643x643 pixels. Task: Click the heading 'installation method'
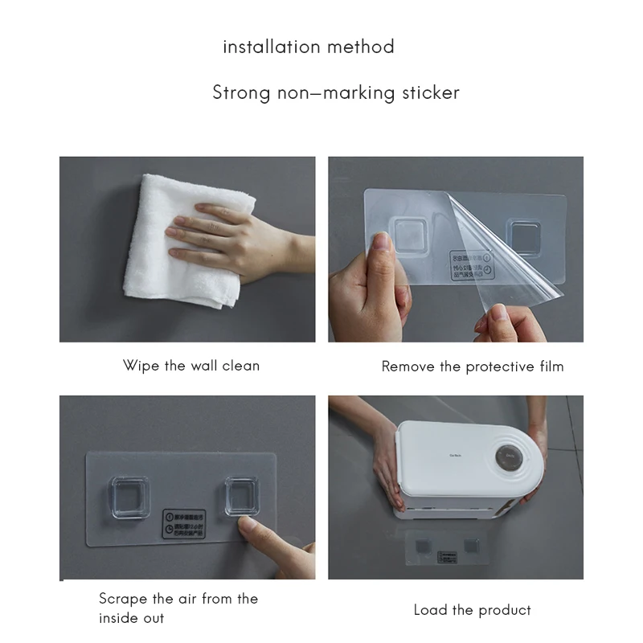pos(309,47)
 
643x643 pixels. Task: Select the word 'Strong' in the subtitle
pos(242,92)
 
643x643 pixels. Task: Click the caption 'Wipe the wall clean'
pos(191,366)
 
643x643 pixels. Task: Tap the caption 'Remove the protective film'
pos(473,367)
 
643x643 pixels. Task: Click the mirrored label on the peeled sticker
pos(471,265)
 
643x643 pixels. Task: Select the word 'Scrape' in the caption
pos(124,599)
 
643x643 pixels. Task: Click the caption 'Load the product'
pos(473,611)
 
